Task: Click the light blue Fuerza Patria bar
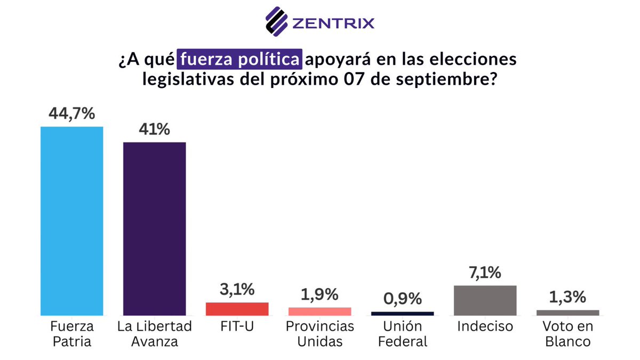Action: click(72, 221)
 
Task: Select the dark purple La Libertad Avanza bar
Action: click(154, 229)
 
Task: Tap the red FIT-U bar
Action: click(237, 309)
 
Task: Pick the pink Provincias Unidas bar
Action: click(319, 311)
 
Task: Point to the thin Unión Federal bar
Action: click(402, 314)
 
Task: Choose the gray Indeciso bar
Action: click(485, 300)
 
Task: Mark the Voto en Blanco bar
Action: click(567, 313)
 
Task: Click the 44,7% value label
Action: click(72, 114)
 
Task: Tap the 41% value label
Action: click(154, 130)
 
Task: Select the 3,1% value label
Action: click(237, 291)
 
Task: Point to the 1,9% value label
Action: click(319, 295)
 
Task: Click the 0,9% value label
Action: click(402, 299)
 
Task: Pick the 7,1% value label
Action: click(485, 273)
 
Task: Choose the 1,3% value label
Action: click(567, 298)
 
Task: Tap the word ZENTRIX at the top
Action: click(333, 23)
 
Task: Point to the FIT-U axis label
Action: click(237, 326)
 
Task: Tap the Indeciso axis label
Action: click(485, 326)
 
